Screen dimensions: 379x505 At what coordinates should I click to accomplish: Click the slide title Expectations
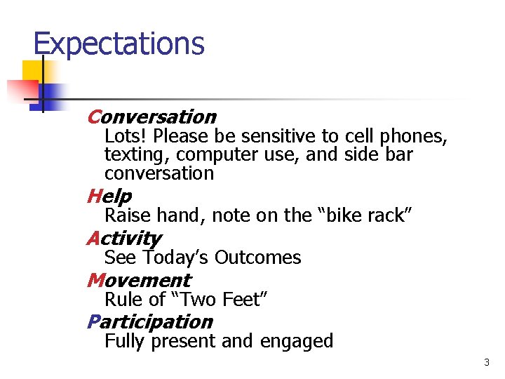click(x=119, y=44)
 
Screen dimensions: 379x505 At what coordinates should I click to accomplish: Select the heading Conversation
click(x=151, y=117)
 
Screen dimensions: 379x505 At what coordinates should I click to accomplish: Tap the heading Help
click(x=109, y=195)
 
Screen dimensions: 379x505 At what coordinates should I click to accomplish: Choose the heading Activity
click(x=123, y=239)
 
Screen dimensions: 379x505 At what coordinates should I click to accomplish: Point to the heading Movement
click(x=138, y=280)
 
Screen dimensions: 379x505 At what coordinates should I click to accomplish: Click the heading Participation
click(x=149, y=321)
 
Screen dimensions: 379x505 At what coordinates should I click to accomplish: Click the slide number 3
click(x=486, y=363)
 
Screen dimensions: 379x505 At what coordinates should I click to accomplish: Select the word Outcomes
click(x=257, y=258)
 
